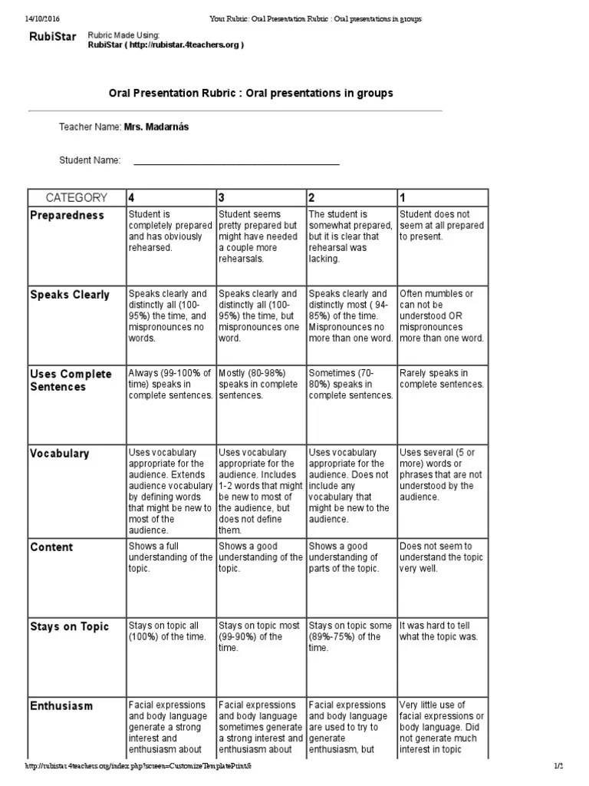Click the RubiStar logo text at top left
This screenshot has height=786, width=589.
coord(52,37)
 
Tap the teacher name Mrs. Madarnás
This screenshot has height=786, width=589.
coord(156,127)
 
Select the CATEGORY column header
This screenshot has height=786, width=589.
coord(77,197)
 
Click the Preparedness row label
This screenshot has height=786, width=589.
coord(67,216)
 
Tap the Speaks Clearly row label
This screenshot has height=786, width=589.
coord(70,295)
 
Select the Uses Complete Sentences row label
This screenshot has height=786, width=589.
coord(71,380)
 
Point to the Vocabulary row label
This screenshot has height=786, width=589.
coord(60,454)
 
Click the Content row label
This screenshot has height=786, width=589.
coord(51,547)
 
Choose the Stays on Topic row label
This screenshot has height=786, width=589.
coord(70,627)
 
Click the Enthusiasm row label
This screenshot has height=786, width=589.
coord(61,706)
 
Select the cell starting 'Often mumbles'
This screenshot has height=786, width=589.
coord(441,315)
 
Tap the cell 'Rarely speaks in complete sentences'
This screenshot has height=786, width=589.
coord(442,378)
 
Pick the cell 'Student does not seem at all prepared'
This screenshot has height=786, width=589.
coord(441,226)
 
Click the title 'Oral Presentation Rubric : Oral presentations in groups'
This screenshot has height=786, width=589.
coord(250,93)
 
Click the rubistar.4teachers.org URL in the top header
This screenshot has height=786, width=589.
coord(166,45)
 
